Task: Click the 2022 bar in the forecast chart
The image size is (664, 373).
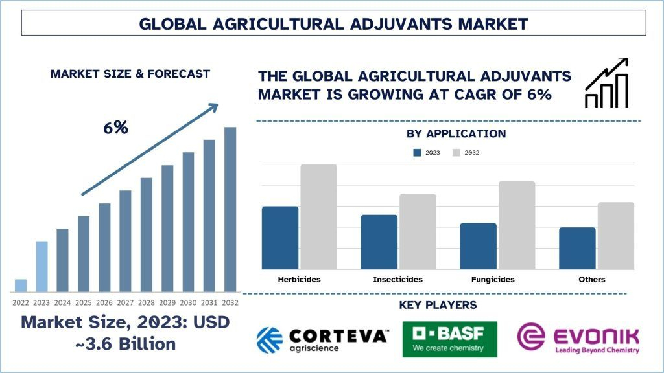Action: coord(21,286)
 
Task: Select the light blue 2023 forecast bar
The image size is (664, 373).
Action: coord(41,266)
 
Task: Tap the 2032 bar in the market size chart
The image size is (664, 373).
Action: coord(230,209)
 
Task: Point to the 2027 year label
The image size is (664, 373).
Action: coord(126,302)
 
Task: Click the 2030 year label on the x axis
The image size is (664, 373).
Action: coord(188,302)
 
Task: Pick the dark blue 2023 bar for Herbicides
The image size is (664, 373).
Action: coord(280,238)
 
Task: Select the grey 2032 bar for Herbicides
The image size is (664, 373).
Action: coord(318,217)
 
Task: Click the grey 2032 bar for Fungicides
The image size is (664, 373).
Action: coord(517,225)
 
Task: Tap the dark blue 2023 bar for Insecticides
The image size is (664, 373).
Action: coord(379,242)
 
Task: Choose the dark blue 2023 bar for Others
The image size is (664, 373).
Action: coord(577,248)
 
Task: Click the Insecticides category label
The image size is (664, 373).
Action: coord(397,280)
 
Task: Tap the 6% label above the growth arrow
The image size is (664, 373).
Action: coord(115,128)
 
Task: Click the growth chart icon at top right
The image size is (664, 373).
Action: coord(606,83)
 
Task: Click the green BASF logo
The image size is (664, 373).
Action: coord(449,339)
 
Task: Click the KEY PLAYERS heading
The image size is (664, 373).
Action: coord(447,305)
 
